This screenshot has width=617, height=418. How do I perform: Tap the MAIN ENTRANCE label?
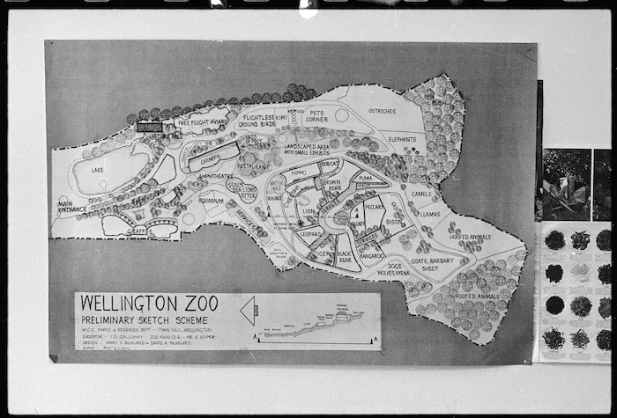(x=71, y=208)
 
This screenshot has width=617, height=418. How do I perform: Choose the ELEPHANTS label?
(x=401, y=139)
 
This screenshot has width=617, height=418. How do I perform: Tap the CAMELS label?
(x=421, y=194)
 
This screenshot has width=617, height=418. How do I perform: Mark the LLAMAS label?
(x=429, y=214)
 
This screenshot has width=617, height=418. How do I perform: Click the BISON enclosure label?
(x=393, y=222)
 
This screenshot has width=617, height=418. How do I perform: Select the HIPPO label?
(x=299, y=173)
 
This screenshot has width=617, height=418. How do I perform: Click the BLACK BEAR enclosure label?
(x=345, y=258)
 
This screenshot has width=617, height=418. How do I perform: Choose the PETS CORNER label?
(x=316, y=114)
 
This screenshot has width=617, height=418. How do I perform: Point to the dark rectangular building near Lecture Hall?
(x=149, y=128)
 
